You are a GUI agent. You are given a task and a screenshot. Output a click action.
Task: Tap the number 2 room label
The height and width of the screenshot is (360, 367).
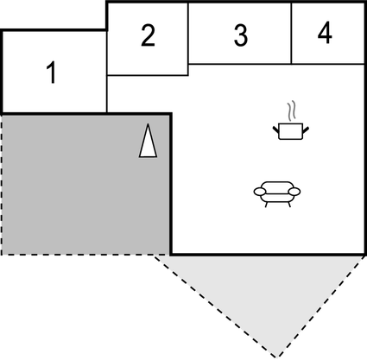tap(148, 36)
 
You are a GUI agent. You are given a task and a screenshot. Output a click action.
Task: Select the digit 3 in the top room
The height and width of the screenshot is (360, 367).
tap(240, 36)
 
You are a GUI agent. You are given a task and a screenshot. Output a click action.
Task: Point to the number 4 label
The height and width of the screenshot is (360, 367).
tap(324, 34)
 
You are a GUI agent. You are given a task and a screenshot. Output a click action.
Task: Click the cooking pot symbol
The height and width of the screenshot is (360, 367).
tap(291, 129)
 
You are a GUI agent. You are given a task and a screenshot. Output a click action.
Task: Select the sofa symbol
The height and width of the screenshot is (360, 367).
tap(276, 192)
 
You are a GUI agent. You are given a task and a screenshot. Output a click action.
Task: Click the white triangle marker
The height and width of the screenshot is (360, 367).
tap(149, 141)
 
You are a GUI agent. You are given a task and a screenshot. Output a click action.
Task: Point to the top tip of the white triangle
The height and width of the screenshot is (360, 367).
tap(149, 125)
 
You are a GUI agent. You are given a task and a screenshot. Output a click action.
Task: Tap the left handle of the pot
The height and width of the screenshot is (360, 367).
tap(275, 128)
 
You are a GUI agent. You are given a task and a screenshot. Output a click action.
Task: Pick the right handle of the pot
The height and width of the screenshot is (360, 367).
tap(307, 128)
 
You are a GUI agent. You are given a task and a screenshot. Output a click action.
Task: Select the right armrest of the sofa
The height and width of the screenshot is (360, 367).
tap(295, 192)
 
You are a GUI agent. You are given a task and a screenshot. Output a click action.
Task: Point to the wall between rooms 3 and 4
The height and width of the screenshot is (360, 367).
tap(291, 34)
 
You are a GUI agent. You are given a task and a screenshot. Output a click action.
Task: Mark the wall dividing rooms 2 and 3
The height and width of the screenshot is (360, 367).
tap(188, 38)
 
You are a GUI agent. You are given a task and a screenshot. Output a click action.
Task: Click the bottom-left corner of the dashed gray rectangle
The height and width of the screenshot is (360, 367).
tap(2, 254)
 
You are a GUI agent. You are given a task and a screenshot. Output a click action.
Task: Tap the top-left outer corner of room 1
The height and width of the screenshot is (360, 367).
tap(2, 31)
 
